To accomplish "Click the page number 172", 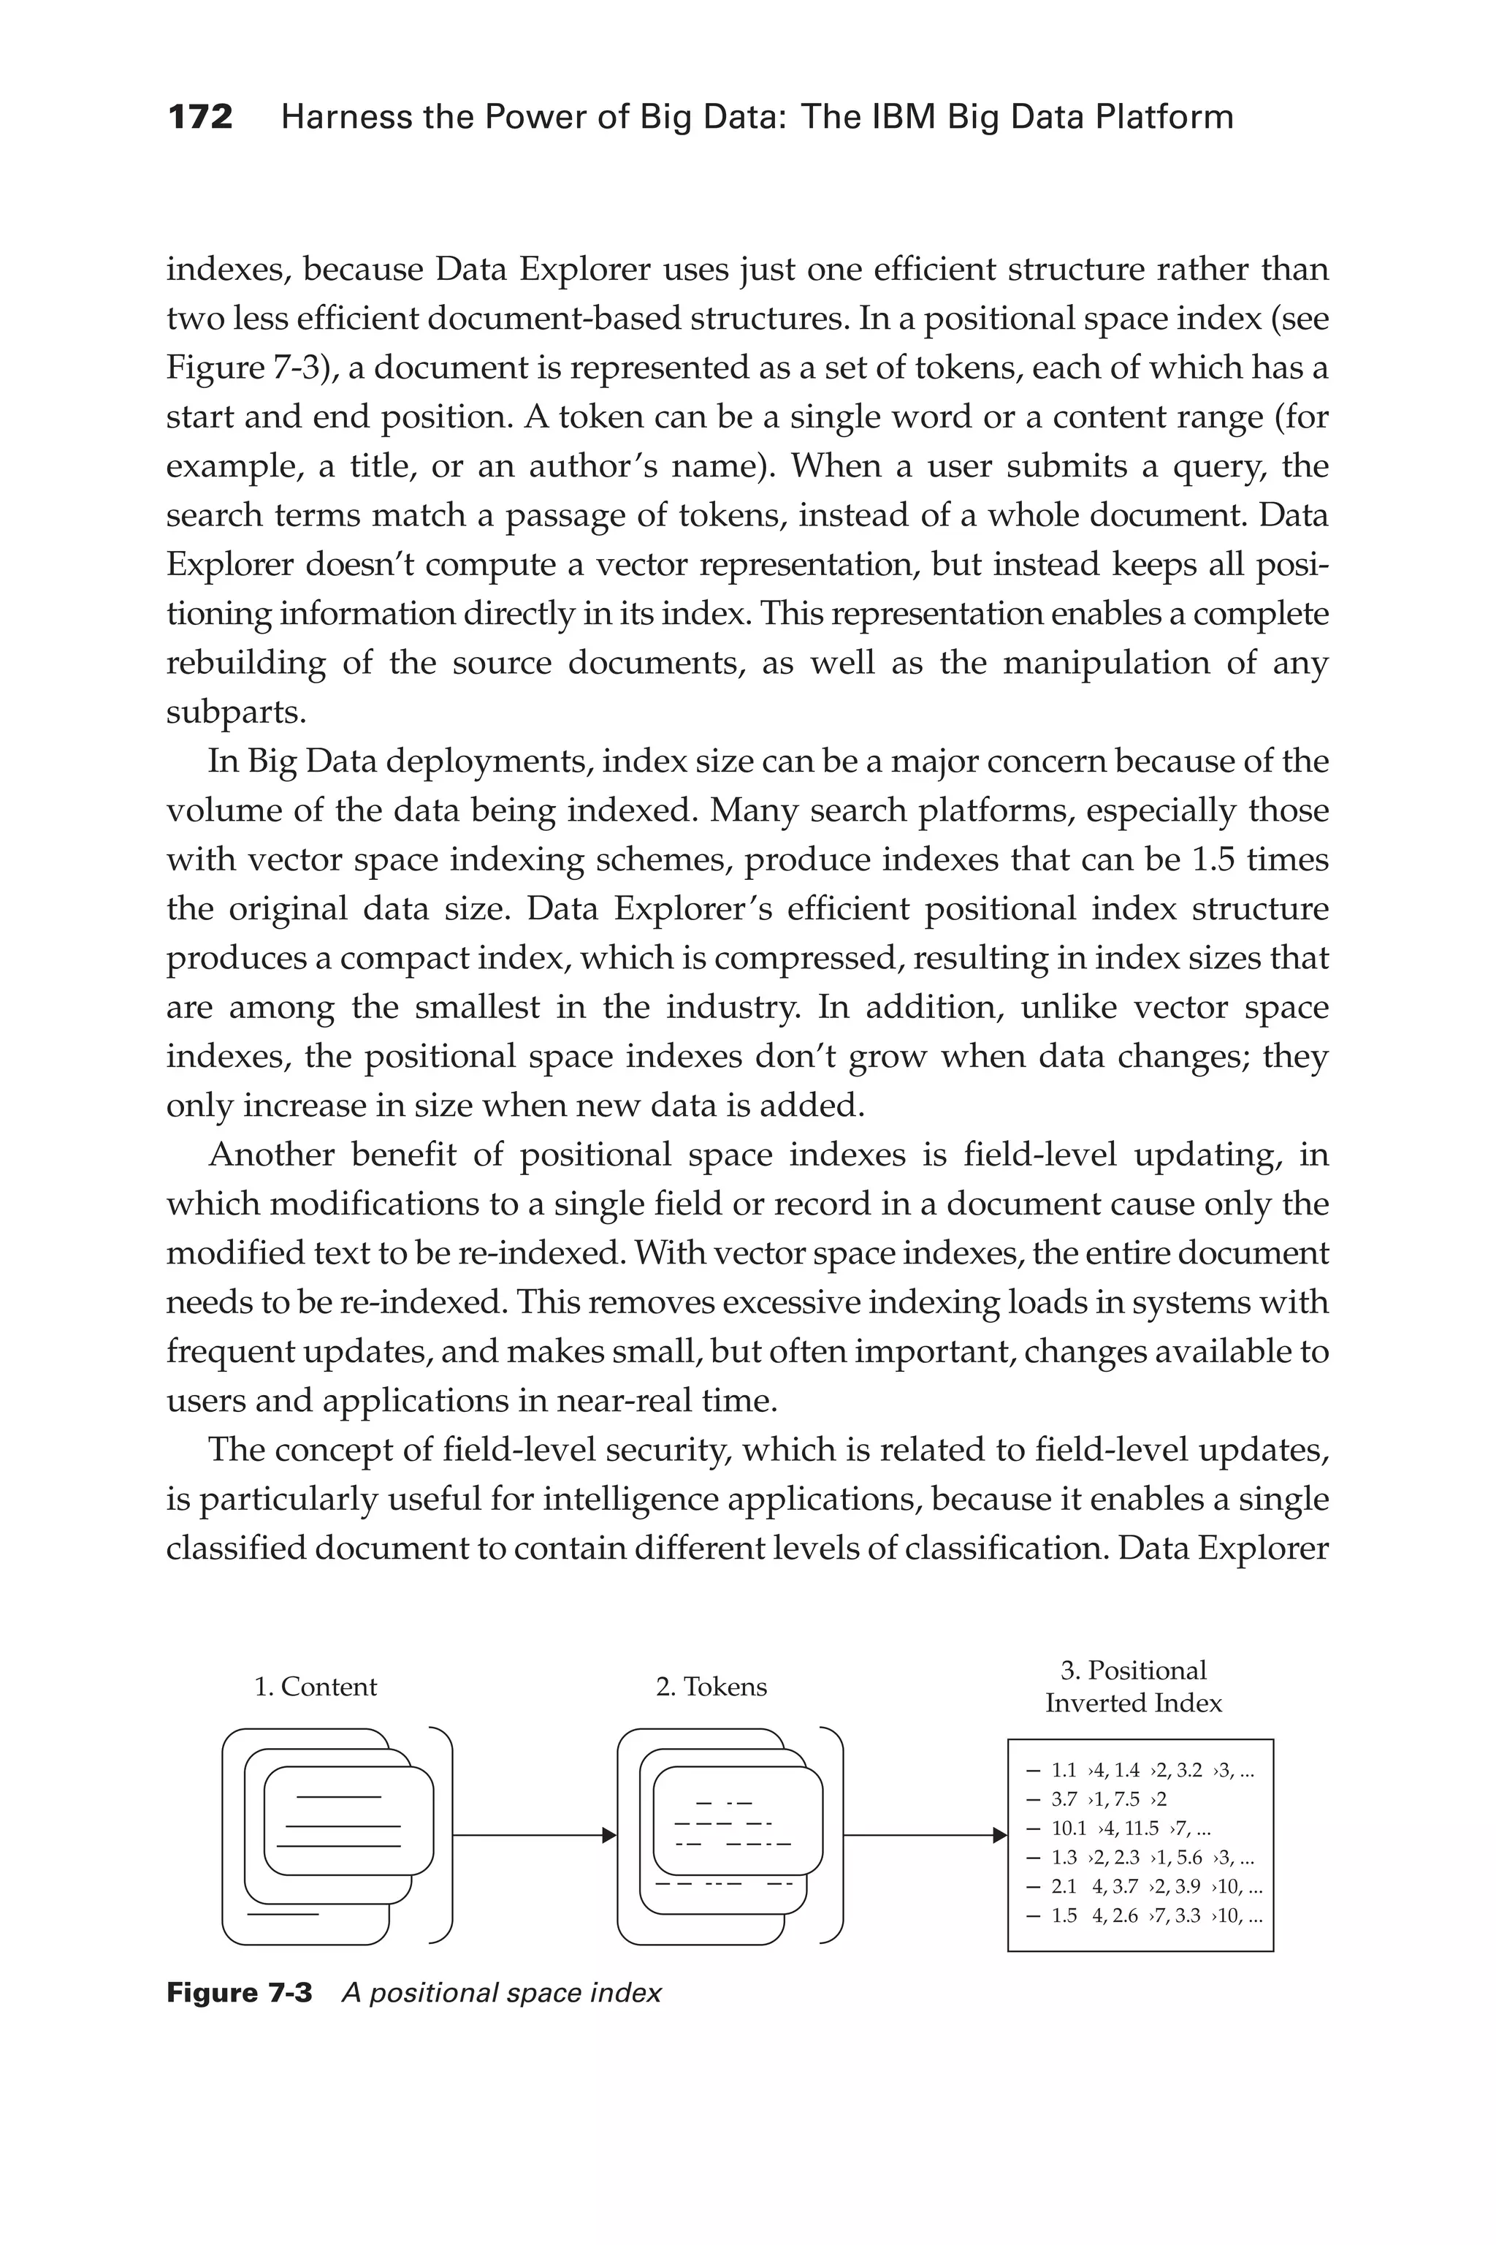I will [x=199, y=118].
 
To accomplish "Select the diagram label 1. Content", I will [x=315, y=1687].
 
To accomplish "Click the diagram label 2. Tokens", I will [x=711, y=1687].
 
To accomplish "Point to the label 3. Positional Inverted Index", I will [x=1134, y=1687].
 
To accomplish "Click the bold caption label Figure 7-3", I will [x=239, y=1993].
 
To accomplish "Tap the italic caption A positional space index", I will [x=501, y=1993].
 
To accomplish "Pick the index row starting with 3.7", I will [x=1107, y=1799].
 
